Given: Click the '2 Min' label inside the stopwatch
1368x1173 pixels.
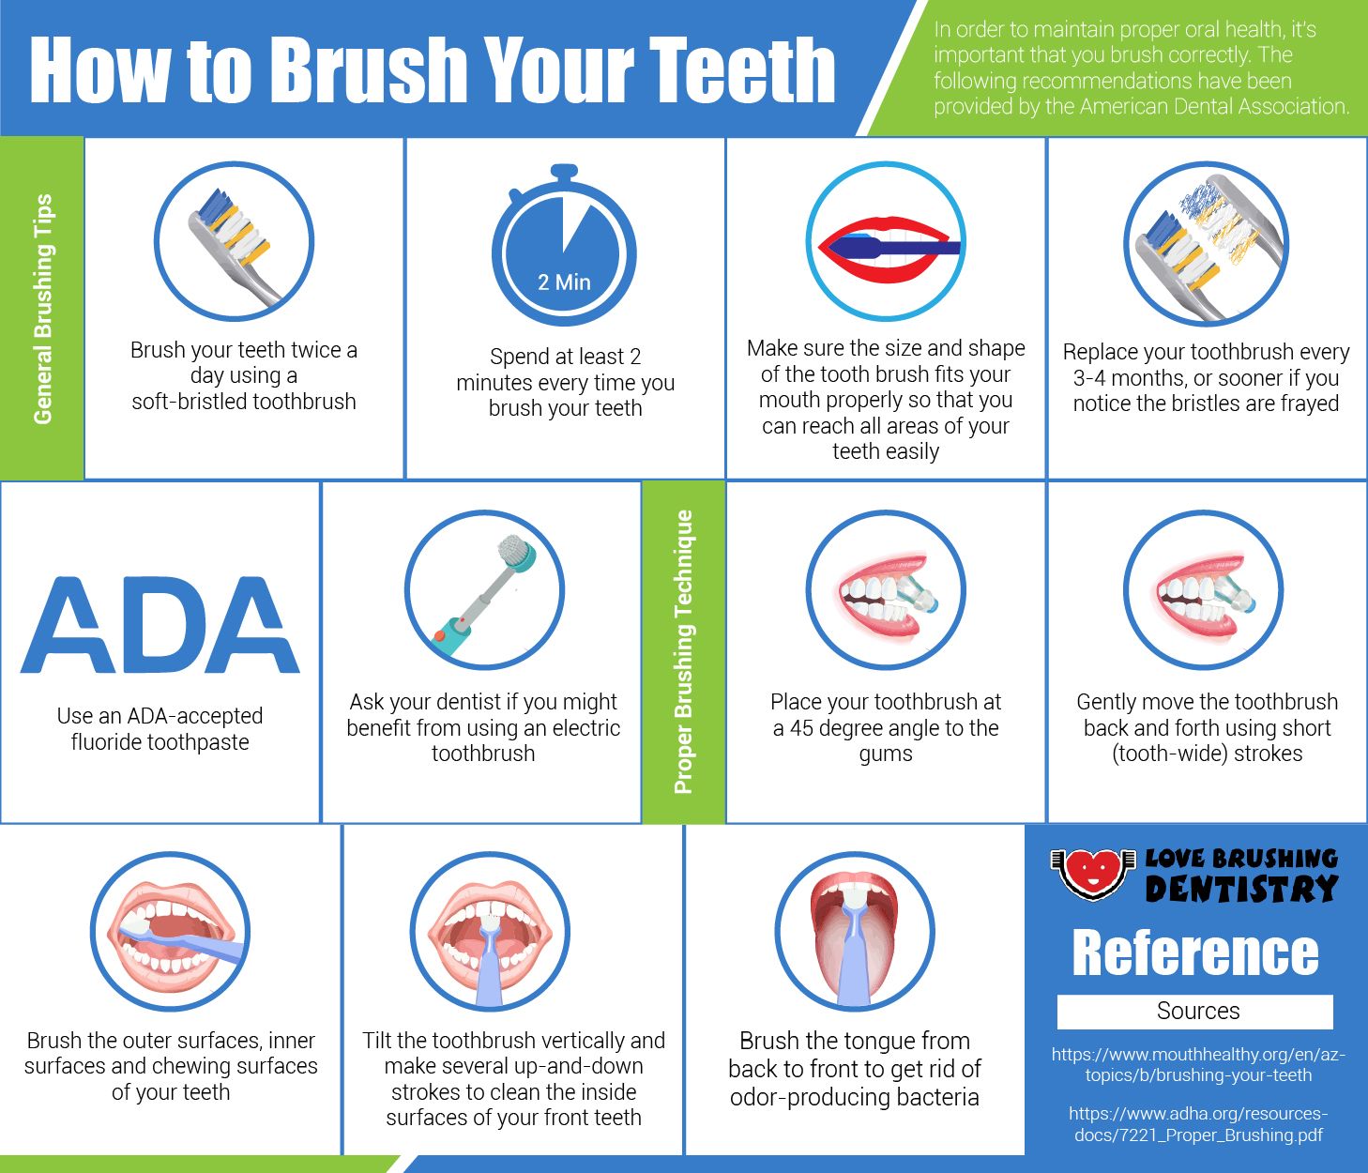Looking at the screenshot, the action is [x=564, y=282].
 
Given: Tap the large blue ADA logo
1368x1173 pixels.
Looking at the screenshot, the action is [x=160, y=625].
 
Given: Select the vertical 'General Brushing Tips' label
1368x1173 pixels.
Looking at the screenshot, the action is [x=42, y=309].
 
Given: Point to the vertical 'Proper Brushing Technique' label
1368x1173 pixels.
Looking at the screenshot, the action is [x=683, y=652].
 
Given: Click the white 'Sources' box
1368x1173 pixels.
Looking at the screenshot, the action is [x=1194, y=1012].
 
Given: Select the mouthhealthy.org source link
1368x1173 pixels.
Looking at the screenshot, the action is [x=1198, y=1064].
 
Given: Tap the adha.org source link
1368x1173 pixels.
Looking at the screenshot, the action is [x=1198, y=1124].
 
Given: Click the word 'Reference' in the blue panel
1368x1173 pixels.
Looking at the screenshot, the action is [x=1195, y=953].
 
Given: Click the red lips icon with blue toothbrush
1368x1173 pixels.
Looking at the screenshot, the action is [x=886, y=242].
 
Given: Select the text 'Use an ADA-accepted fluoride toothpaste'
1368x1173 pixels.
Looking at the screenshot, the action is [x=160, y=729].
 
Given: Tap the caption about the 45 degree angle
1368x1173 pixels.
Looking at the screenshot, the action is [x=886, y=727].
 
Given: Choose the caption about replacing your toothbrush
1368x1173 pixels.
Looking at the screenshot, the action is [x=1206, y=377].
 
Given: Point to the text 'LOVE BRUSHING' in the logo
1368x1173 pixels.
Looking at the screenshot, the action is [x=1241, y=859].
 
